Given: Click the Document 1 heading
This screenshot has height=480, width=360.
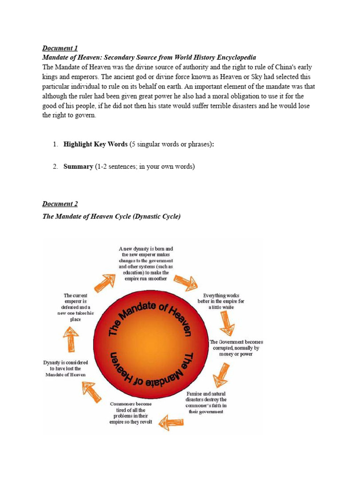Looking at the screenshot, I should coord(60,48).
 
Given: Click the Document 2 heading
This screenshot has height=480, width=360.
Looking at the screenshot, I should coord(60,204).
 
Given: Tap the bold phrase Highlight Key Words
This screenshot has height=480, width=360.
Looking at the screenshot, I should coord(96,144).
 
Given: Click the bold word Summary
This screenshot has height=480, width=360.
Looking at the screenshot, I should coord(78,167).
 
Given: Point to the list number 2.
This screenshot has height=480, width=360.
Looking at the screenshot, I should coord(55,167).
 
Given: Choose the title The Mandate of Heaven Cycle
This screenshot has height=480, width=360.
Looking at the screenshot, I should coord(111,217).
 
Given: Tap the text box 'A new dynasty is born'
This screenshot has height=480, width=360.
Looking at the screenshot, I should coord(146,263).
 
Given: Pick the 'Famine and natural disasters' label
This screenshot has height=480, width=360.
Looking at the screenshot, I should coord(206,402).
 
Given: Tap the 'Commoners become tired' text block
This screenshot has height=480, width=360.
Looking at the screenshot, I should coord(131,413).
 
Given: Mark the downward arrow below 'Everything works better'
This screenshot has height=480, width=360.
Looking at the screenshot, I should coord(227,323).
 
